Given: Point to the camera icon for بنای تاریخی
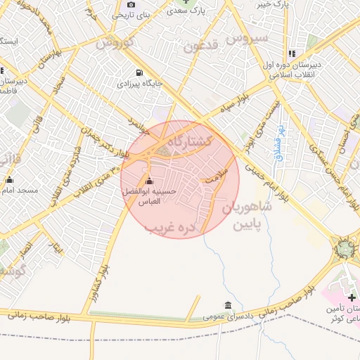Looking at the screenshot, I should click(131, 5).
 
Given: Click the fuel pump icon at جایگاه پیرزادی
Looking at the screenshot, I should click(139, 72).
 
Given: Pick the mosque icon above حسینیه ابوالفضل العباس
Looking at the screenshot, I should click(148, 181).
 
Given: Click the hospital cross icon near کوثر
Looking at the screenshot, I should click(352, 298).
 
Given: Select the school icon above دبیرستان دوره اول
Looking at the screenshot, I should click(291, 53).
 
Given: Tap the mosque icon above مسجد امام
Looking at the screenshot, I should click(10, 180).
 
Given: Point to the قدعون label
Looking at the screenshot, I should click(202, 47).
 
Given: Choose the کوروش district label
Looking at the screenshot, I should click(115, 42).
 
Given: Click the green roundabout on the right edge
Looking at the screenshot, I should click(345, 247).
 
